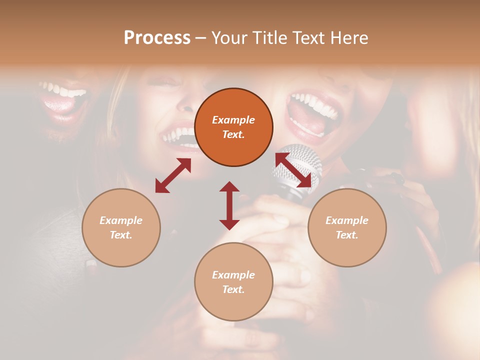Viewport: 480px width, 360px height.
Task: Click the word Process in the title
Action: [157, 38]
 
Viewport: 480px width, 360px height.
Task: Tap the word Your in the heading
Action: [229, 38]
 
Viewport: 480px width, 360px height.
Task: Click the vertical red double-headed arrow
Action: [229, 205]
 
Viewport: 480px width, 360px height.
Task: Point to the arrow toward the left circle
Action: [173, 175]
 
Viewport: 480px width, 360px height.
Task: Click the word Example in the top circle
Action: [233, 120]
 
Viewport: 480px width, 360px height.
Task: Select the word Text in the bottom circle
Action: [233, 289]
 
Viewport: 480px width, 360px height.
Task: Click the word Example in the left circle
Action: [121, 220]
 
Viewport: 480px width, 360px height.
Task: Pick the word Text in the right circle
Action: [347, 235]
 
